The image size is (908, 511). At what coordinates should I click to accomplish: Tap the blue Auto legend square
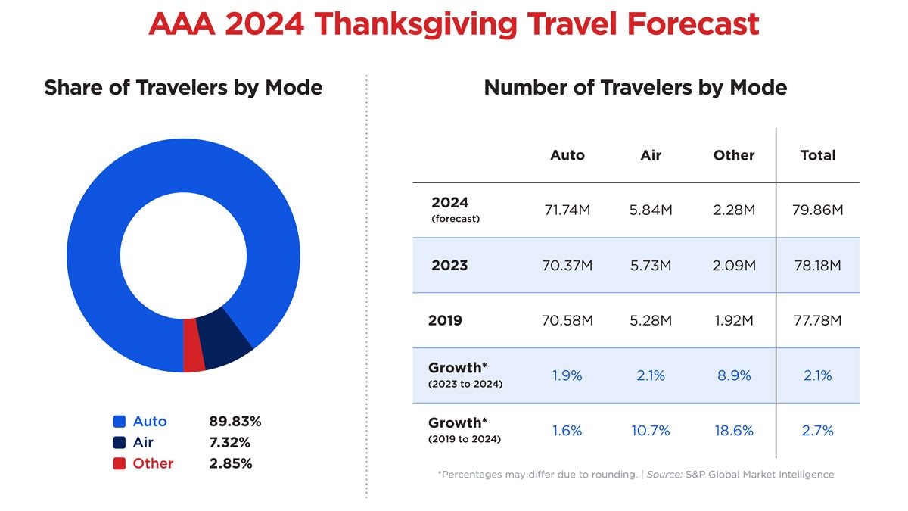click(x=119, y=422)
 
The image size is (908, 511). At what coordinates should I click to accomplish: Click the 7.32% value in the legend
click(x=230, y=443)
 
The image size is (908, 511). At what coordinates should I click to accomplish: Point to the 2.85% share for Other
click(x=231, y=463)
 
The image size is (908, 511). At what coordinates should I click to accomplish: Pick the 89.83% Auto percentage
click(x=235, y=422)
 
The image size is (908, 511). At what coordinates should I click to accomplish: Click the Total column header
click(x=817, y=155)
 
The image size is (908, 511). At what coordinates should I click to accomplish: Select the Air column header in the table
click(x=650, y=155)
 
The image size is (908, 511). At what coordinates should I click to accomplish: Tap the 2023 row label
click(x=449, y=266)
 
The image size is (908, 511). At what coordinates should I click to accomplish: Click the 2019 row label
click(x=445, y=320)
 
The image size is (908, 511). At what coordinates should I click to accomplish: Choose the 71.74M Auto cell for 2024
click(x=567, y=210)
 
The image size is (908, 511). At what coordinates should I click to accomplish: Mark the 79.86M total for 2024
click(x=817, y=210)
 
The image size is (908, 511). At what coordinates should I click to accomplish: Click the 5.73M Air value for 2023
click(x=650, y=266)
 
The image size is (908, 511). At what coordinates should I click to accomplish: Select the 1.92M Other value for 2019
click(x=733, y=320)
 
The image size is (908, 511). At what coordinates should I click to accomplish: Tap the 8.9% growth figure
click(x=733, y=375)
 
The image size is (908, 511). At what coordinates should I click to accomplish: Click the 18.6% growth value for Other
click(x=733, y=431)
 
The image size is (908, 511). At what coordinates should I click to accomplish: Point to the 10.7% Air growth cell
click(x=650, y=431)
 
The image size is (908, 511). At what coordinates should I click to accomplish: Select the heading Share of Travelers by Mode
click(x=183, y=88)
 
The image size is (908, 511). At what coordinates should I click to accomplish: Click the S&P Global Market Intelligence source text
click(x=759, y=475)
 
